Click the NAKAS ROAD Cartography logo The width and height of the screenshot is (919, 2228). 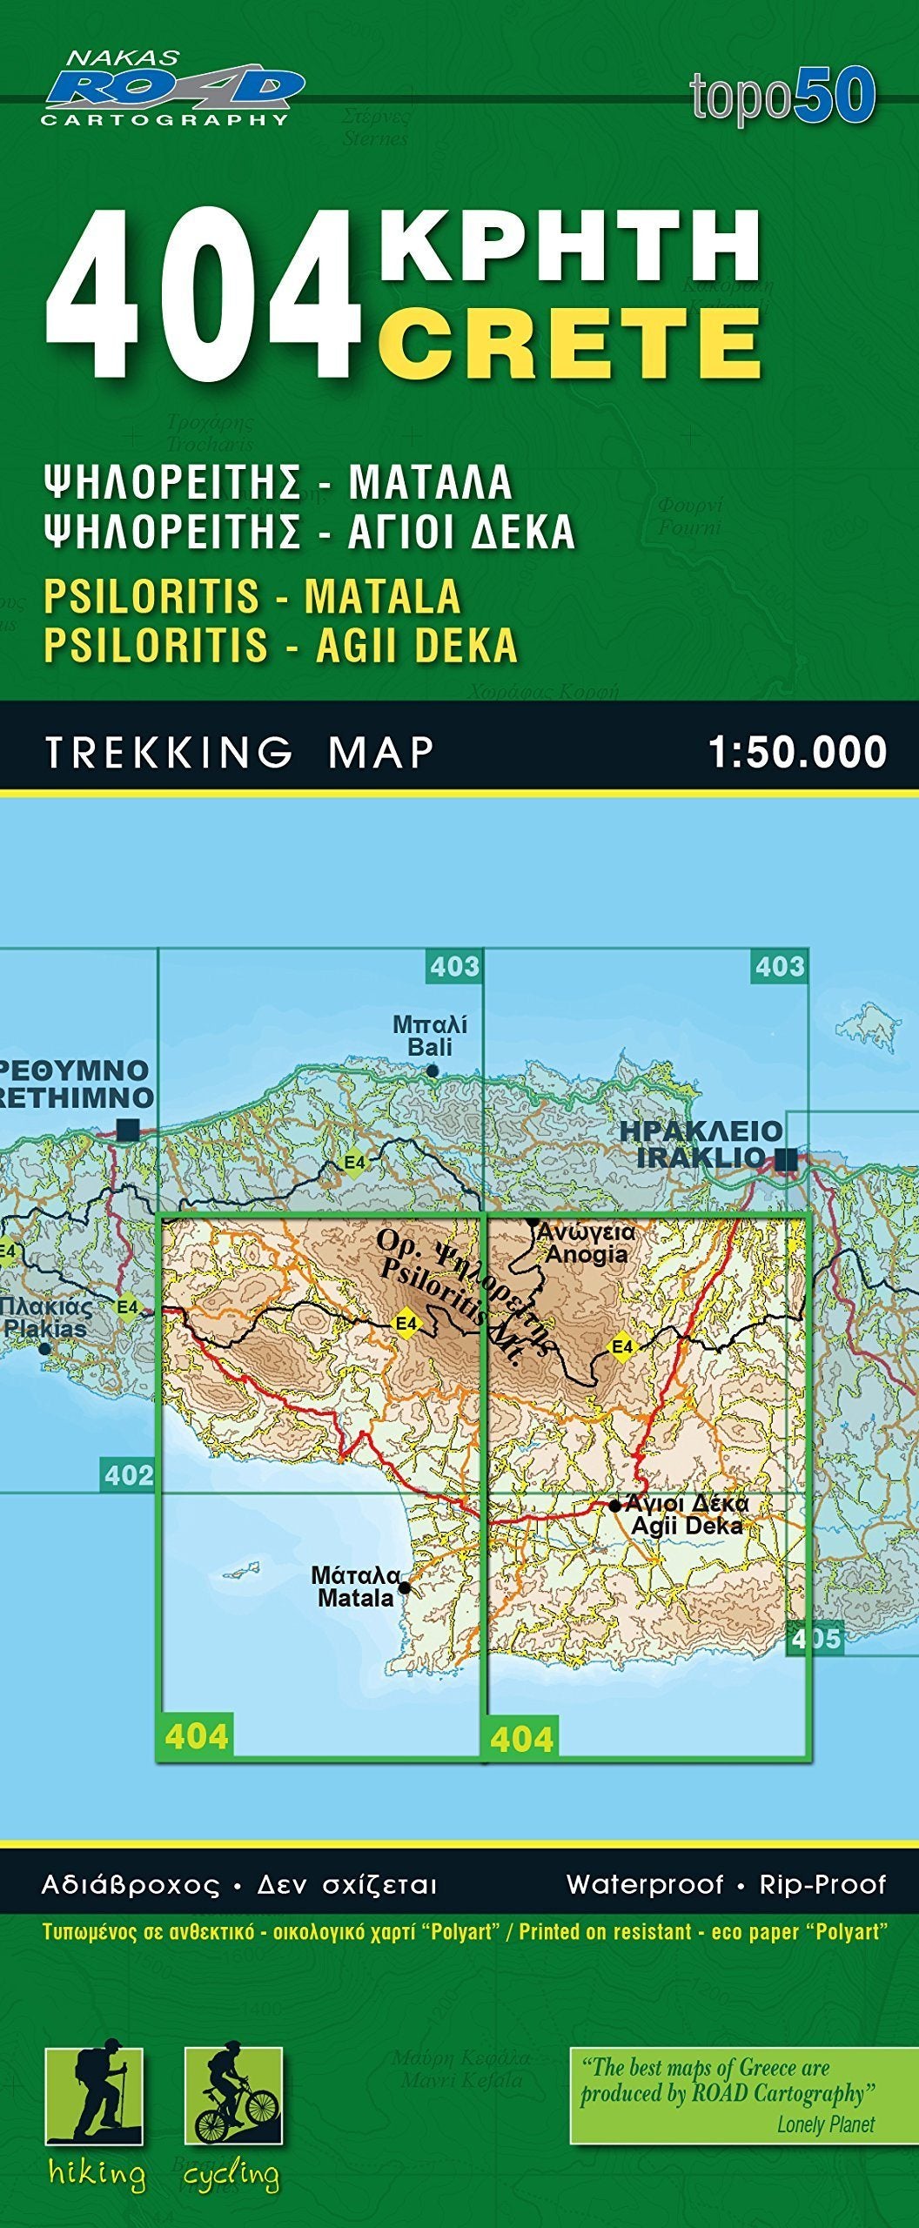[172, 89]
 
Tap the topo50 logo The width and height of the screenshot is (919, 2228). [782, 96]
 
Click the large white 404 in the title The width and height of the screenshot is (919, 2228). [205, 293]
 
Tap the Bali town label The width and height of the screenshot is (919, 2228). [430, 1036]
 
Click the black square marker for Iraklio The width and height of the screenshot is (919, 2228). [787, 1158]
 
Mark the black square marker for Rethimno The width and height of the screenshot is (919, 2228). [128, 1130]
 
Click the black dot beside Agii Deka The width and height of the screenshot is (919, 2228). [615, 1506]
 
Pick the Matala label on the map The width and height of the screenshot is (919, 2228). [356, 1587]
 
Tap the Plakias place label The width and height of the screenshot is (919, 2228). [45, 1319]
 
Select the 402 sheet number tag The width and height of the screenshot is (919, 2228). [128, 1475]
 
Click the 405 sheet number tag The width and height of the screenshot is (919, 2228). [815, 1639]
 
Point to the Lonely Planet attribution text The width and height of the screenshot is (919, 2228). [825, 2124]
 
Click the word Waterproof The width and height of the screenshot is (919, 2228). [645, 1884]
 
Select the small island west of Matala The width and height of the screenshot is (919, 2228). [242, 1570]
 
